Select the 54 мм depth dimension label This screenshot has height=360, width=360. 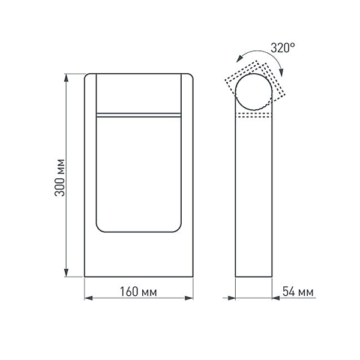[x=298, y=292]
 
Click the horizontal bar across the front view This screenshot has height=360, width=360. [x=139, y=113]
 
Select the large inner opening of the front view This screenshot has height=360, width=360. [x=139, y=174]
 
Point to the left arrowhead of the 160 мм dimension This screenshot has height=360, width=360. [x=88, y=298]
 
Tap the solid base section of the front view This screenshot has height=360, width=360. [x=139, y=255]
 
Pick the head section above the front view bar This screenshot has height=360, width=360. [x=139, y=93]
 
